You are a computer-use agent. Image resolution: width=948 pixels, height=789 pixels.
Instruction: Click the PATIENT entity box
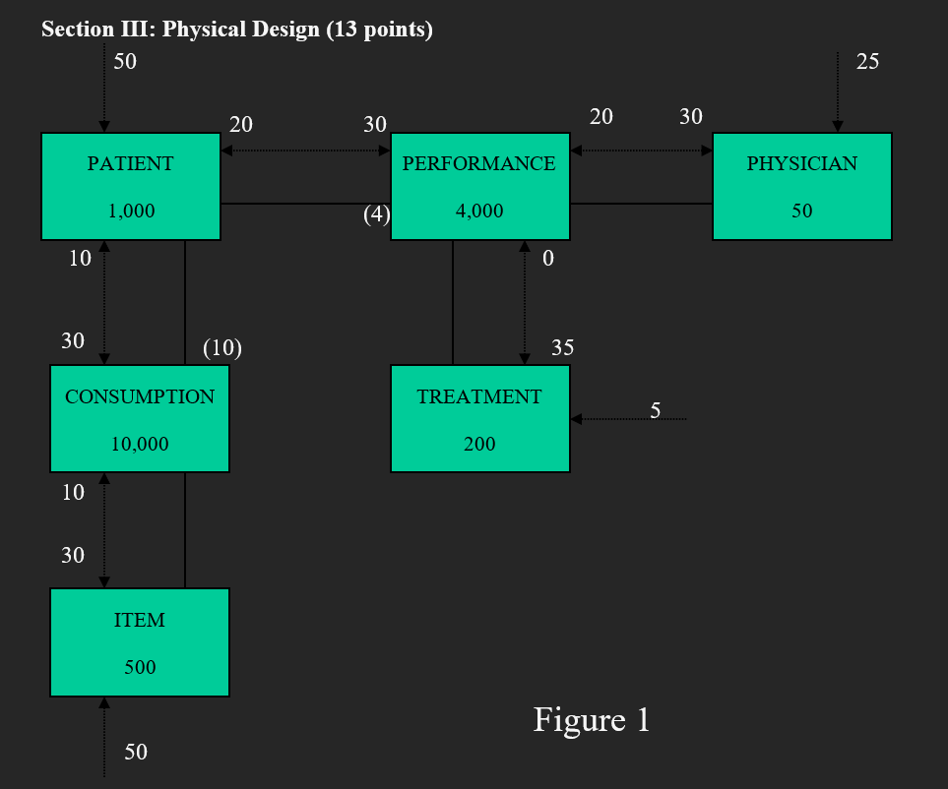[x=130, y=186]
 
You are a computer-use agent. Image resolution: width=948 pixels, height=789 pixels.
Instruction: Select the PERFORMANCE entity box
[x=479, y=186]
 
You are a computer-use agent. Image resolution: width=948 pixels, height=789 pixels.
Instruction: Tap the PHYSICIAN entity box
[x=801, y=186]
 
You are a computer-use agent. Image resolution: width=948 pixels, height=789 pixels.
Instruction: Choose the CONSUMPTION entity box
[x=139, y=418]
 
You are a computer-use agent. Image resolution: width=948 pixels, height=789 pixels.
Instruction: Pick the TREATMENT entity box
[x=479, y=418]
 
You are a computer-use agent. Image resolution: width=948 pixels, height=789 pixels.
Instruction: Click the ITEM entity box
[x=139, y=641]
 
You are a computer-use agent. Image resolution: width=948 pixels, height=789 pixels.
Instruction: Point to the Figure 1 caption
[x=592, y=720]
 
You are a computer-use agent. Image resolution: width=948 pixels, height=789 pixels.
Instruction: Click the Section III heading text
[x=237, y=30]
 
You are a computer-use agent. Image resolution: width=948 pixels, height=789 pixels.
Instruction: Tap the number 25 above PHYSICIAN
[x=867, y=61]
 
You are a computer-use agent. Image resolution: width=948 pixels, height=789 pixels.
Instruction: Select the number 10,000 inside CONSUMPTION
[x=140, y=444]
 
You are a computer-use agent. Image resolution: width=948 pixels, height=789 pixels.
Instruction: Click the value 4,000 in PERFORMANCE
[x=479, y=211]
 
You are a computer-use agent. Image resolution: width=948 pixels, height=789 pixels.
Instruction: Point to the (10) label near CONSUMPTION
[x=222, y=347]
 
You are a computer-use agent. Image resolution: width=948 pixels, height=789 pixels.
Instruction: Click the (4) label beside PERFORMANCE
[x=377, y=213]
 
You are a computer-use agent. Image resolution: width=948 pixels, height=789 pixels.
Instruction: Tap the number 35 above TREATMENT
[x=562, y=347]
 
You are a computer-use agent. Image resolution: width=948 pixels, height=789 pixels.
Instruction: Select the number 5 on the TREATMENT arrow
[x=655, y=410]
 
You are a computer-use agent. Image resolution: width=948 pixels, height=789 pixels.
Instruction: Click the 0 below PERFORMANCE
[x=548, y=258]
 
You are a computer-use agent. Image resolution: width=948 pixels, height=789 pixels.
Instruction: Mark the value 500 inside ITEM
[x=140, y=667]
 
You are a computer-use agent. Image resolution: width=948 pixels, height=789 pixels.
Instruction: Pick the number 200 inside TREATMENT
[x=479, y=444]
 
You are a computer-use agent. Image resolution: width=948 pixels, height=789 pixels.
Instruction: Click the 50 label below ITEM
[x=136, y=752]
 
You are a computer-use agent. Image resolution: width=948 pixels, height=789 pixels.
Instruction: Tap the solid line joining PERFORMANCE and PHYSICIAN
[x=641, y=204]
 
